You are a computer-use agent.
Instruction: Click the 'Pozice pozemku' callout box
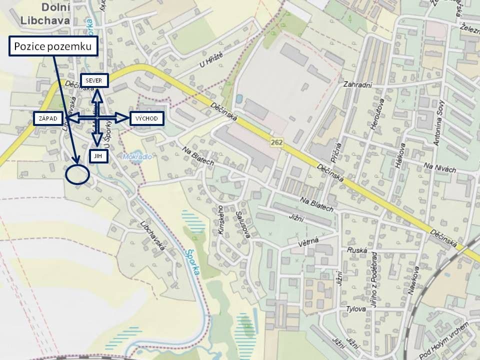[52, 46]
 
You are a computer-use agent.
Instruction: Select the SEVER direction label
[94, 80]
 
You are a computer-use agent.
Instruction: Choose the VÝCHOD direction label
[147, 118]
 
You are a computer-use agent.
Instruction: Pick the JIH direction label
[97, 156]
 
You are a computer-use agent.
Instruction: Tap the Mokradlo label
[133, 156]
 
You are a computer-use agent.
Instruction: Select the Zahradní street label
[357, 85]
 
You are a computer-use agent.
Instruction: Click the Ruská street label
[357, 250]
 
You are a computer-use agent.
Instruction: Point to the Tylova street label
[356, 309]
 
